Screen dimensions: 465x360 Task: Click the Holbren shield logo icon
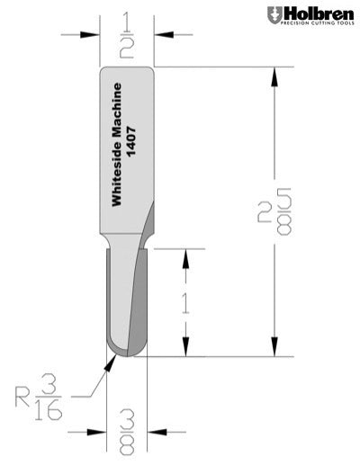(274, 15)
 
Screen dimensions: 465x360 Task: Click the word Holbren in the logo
(315, 13)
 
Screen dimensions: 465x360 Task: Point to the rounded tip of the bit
(125, 354)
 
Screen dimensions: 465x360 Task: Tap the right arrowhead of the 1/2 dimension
(159, 35)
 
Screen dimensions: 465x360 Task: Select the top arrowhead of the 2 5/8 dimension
(271, 75)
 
